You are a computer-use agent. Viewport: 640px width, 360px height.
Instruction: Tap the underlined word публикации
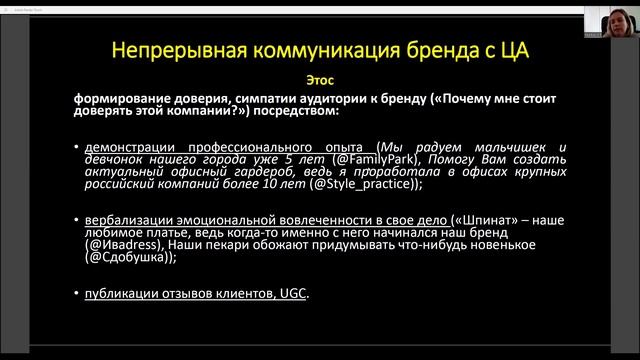pyautogui.click(x=124, y=293)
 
